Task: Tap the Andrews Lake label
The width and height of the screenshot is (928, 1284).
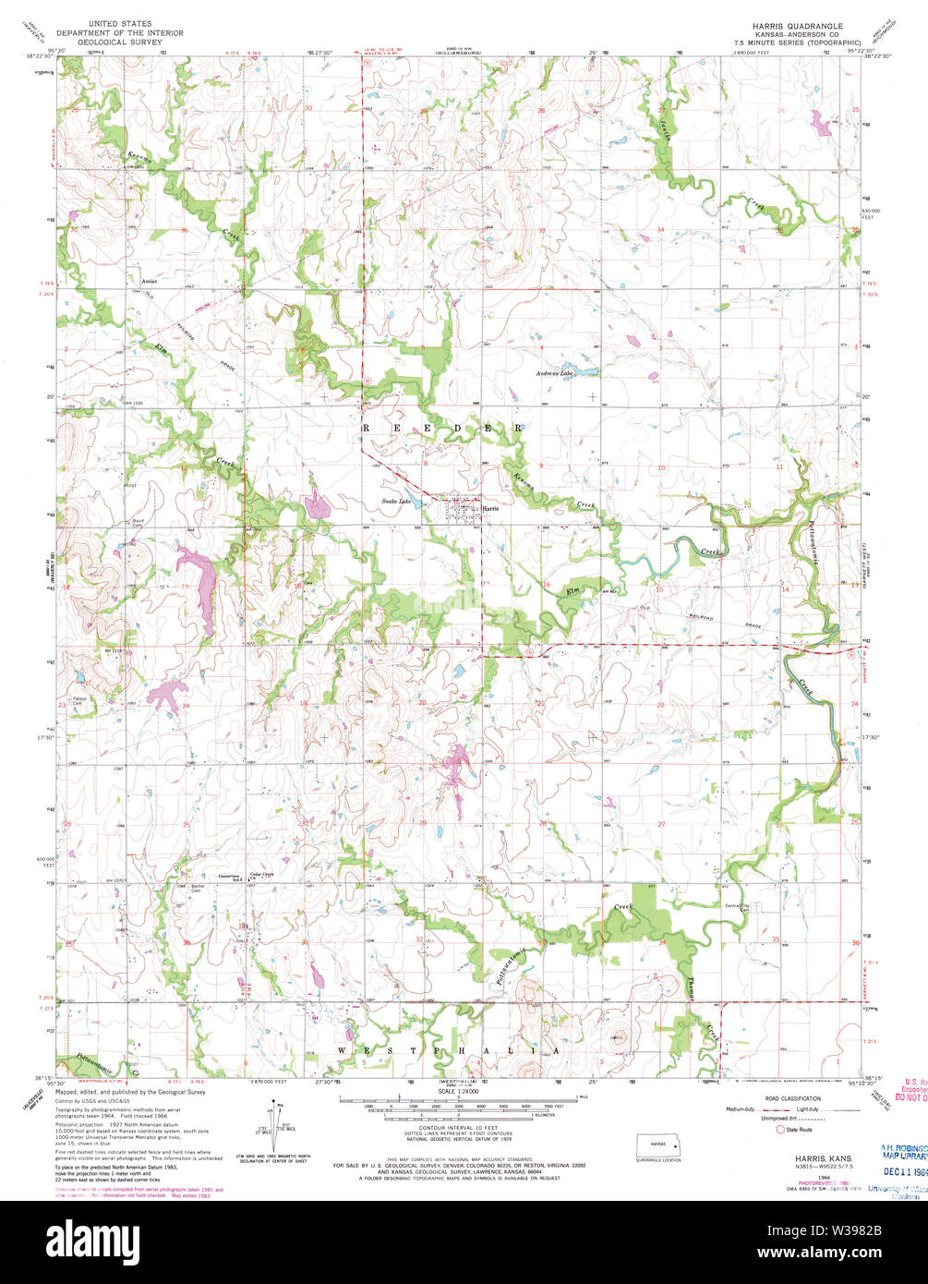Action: [555, 373]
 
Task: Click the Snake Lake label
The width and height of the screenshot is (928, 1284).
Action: [396, 502]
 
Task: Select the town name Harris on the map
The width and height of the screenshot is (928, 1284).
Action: [490, 507]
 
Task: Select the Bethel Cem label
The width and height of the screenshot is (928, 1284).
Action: [197, 888]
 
